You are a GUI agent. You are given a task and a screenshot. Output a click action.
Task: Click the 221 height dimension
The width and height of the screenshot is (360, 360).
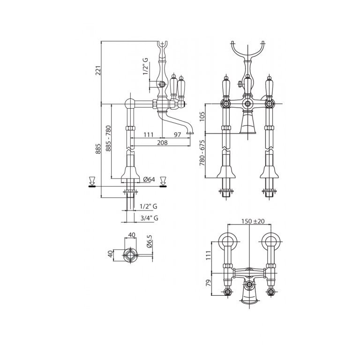click(x=99, y=70)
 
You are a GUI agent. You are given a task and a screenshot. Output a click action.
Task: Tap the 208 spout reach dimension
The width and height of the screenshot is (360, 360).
click(x=162, y=142)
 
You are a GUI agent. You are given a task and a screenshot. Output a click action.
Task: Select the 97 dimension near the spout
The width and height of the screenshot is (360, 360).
click(x=178, y=135)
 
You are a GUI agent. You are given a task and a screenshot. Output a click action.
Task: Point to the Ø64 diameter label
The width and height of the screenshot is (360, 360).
click(x=149, y=180)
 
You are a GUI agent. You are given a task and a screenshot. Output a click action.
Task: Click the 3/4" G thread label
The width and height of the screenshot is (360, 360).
click(x=149, y=218)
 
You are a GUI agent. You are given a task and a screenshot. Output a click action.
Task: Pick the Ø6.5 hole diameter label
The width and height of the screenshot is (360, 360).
click(x=150, y=241)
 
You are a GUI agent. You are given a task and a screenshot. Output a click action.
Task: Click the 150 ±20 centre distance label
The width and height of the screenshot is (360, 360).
click(x=253, y=221)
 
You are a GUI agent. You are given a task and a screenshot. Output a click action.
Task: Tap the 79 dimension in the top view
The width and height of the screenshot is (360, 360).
click(x=208, y=283)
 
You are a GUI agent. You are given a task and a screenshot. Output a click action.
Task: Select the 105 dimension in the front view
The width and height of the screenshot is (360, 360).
click(x=202, y=117)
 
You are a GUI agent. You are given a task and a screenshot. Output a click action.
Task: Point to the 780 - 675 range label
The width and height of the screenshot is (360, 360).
click(x=202, y=153)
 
